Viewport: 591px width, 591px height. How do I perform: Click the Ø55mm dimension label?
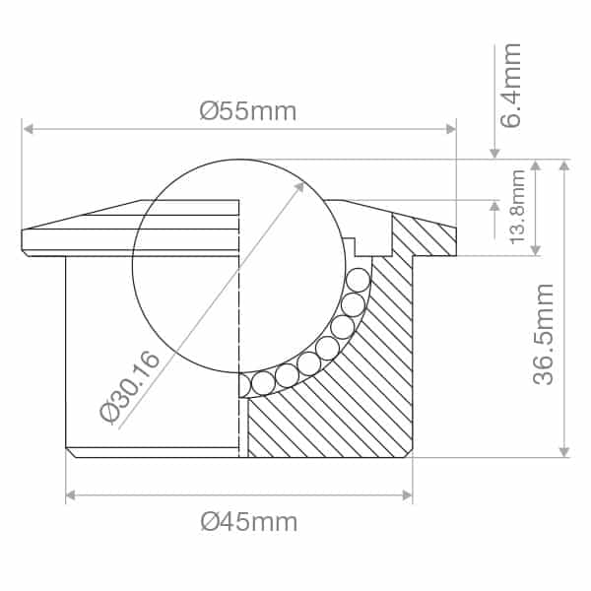point(247,111)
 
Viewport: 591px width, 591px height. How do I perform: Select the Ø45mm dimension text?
point(248,521)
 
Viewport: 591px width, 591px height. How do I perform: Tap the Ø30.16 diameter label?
point(130,386)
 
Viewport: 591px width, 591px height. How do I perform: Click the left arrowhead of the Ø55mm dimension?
point(29,129)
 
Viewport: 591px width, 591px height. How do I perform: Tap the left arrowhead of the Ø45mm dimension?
point(72,495)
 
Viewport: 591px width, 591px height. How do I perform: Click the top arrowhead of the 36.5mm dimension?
point(563,165)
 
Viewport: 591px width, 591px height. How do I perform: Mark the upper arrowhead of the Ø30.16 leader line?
point(299,184)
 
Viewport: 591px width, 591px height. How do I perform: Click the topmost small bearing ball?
point(358,279)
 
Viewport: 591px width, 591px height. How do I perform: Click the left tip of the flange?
point(24,241)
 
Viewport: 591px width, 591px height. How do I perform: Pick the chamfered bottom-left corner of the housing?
point(71,452)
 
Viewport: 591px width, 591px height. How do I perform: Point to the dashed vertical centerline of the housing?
point(240,325)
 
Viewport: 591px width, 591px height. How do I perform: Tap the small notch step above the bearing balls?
point(349,242)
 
